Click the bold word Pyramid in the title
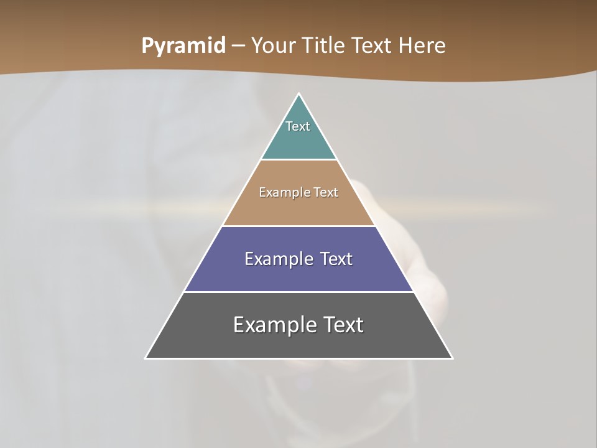183,46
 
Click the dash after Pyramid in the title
238,46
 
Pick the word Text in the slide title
373,45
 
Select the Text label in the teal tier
298,126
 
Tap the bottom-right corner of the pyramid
452,358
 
